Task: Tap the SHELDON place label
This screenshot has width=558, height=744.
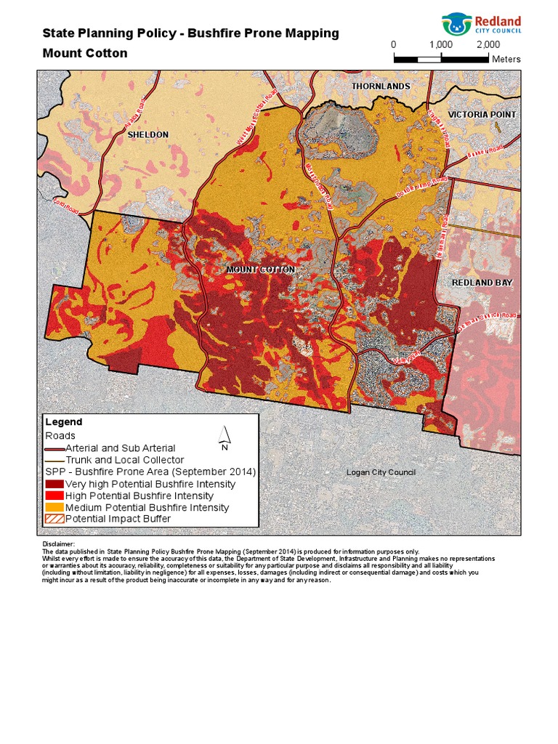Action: coord(147,135)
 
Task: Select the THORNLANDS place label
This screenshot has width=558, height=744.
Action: coord(381,86)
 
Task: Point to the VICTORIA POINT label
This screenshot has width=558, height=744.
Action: coord(482,115)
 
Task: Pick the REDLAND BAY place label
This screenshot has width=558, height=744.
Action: coord(482,283)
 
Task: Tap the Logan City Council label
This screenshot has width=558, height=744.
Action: coord(381,473)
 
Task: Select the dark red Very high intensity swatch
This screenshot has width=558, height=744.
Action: coord(54,484)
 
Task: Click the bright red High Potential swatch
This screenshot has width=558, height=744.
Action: coord(54,496)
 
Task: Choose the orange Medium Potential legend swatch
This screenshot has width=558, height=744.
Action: coord(54,507)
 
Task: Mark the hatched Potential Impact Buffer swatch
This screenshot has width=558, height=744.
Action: coord(54,519)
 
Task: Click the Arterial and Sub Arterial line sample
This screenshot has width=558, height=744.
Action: coord(54,449)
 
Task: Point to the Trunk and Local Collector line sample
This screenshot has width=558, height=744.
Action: coord(54,461)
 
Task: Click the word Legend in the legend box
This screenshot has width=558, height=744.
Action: coord(64,422)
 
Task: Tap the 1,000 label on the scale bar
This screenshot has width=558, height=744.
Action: coord(441,44)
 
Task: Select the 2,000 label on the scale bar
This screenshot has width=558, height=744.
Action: coord(488,44)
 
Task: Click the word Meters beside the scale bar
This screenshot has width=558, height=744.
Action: coord(506,60)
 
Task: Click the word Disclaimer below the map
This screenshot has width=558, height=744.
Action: coord(59,544)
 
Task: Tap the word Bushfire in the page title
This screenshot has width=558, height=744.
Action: coord(214,33)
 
